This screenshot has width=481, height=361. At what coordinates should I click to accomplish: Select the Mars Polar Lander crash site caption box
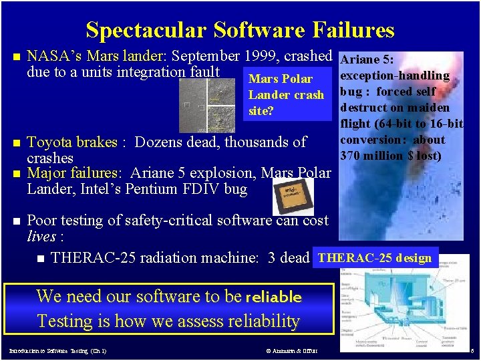coord(286,94)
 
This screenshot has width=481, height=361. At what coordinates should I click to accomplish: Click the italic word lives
coord(41,237)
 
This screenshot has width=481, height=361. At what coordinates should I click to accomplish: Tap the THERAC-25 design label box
coord(375,258)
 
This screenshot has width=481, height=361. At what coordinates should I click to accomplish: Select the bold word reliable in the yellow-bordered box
coord(274,297)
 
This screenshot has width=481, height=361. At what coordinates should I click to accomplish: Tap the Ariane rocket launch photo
coord(414,201)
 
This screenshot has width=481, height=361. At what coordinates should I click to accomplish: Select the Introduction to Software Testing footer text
coord(58,350)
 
